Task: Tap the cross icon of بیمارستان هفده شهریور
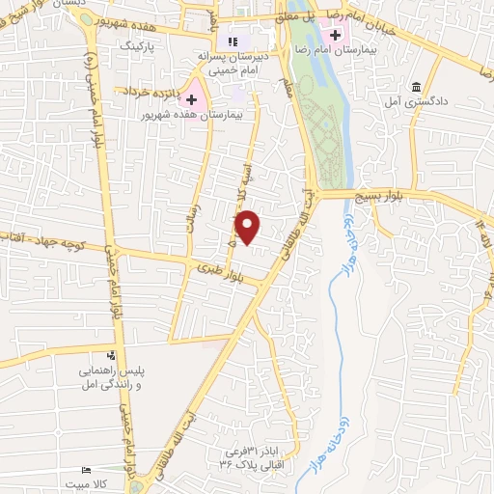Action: click(192, 99)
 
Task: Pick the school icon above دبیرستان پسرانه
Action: click(232, 41)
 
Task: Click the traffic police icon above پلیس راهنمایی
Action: click(113, 355)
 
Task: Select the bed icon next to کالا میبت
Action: click(88, 469)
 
